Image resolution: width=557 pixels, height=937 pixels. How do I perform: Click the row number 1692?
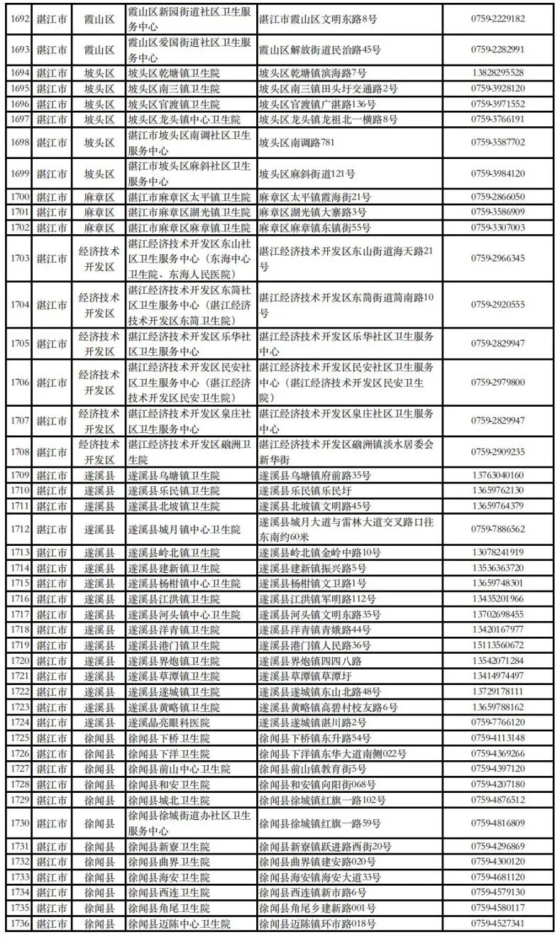click(18, 19)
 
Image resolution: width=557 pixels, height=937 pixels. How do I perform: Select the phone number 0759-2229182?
click(497, 19)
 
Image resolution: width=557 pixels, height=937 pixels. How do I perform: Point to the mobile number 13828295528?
click(497, 73)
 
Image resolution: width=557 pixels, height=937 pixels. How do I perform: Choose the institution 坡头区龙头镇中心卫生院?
click(184, 119)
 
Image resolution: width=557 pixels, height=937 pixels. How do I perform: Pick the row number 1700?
click(18, 197)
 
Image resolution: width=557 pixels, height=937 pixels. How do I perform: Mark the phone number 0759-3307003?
click(497, 228)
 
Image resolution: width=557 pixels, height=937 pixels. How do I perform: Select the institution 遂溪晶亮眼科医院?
click(169, 723)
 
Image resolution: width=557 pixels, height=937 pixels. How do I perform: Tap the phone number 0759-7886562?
click(497, 530)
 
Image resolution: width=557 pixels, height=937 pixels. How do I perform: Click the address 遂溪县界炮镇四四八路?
click(311, 661)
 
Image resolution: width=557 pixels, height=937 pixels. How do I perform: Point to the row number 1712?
click(18, 530)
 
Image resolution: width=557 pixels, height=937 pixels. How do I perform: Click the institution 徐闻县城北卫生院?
click(169, 800)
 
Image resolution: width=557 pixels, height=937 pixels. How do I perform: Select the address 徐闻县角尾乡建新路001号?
click(317, 909)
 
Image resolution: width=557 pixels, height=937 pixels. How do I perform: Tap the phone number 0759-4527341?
click(497, 924)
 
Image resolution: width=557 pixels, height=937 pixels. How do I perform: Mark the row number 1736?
click(18, 924)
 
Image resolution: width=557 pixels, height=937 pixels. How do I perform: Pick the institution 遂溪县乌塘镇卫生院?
click(174, 476)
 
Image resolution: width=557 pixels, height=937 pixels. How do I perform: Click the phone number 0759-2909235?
click(497, 452)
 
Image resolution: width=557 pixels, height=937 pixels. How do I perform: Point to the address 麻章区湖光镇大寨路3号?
click(313, 212)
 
